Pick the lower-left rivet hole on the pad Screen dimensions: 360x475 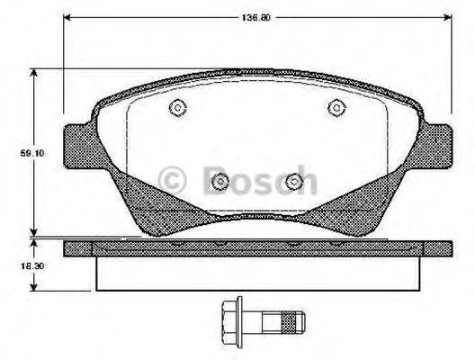(x=220, y=183)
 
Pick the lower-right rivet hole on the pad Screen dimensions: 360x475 (x=293, y=183)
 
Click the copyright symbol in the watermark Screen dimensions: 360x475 (x=171, y=179)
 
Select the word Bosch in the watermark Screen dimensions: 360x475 (x=259, y=179)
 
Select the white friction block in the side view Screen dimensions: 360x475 (x=258, y=273)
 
